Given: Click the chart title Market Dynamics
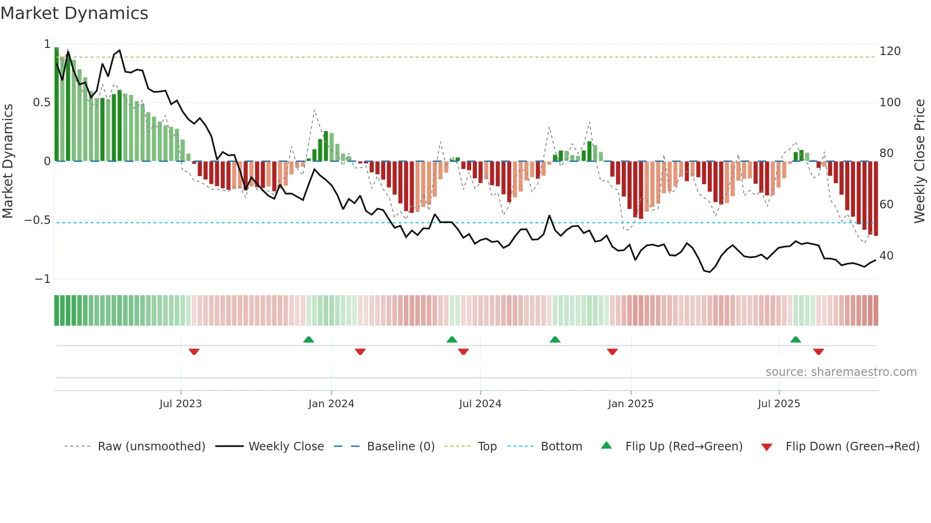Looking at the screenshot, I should tap(75, 13).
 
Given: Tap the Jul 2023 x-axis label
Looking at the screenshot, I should tap(180, 404).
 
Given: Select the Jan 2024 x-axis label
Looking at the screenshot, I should tap(331, 404).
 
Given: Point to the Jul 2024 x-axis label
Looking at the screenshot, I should tap(480, 404).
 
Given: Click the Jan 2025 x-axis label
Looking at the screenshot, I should tap(631, 404).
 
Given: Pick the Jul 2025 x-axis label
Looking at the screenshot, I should tap(779, 404).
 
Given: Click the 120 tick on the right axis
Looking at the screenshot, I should tap(890, 51).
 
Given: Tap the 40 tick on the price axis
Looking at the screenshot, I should tap(886, 256).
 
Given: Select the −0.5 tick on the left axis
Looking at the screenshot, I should tap(38, 220).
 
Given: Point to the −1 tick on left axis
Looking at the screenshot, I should tap(42, 279).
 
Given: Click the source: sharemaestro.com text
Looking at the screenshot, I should tap(841, 372).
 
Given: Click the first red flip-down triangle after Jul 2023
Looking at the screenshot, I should tap(194, 352).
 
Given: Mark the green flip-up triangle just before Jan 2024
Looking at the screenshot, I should tap(309, 339).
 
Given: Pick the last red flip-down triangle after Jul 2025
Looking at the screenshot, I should tap(818, 352).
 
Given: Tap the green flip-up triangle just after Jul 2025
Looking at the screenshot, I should tap(796, 339).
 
